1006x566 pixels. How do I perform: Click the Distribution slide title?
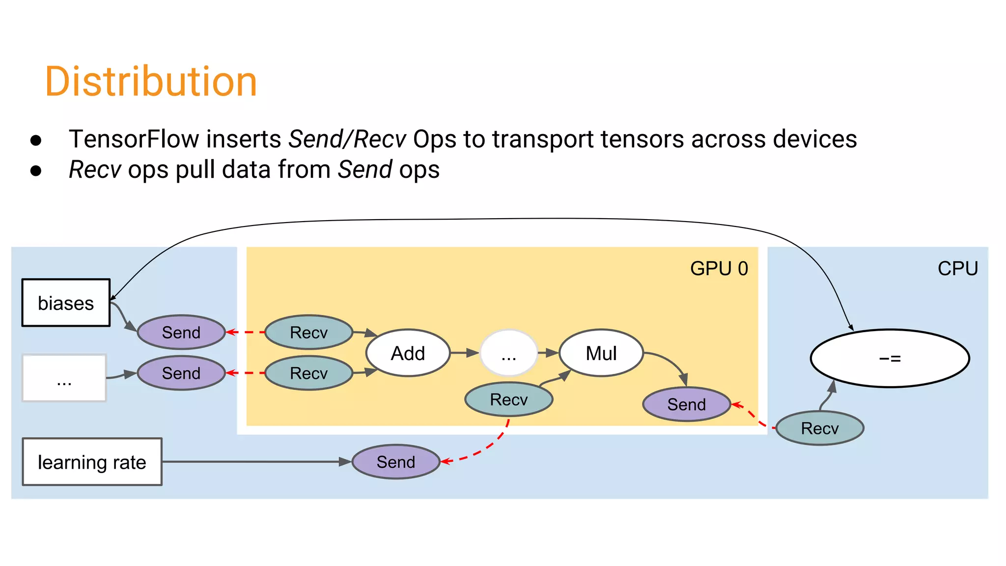pos(151,82)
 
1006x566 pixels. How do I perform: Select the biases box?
pos(66,303)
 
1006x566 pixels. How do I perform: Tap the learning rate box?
pos(92,462)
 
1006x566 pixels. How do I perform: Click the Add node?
pos(408,353)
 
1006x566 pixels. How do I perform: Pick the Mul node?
pos(601,353)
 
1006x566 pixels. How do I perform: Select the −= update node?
pos(889,358)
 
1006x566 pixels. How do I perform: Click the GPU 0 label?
pos(719,268)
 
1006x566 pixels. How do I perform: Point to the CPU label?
pos(957,268)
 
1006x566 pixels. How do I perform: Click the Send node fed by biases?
pos(181,332)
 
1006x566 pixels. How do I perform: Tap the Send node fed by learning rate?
pos(395,461)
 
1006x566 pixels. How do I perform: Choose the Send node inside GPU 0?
pos(686,404)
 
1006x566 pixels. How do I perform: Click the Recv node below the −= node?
pos(819,428)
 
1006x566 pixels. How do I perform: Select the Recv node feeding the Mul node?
pos(508,399)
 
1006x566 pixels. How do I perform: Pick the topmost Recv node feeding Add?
pos(308,332)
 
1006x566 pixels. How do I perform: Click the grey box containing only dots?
pos(64,378)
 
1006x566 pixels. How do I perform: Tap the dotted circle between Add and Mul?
pos(508,353)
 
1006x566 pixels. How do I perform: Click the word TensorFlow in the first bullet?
pos(134,139)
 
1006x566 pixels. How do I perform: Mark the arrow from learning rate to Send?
pos(255,461)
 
